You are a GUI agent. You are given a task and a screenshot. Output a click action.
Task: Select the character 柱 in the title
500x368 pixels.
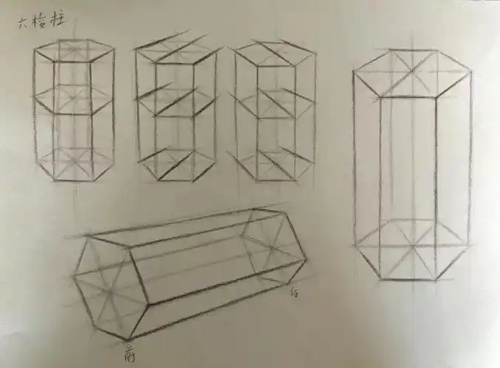59,21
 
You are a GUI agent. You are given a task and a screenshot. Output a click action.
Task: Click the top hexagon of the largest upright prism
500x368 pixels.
412,73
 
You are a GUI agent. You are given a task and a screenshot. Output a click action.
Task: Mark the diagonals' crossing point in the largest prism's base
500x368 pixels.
411,247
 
